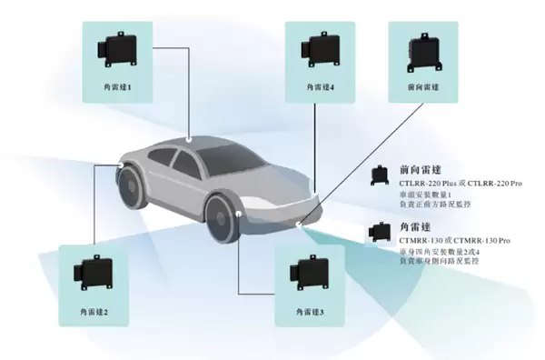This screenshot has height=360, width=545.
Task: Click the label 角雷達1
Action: click(x=118, y=88)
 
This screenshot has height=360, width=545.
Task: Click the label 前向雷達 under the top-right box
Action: click(x=422, y=88)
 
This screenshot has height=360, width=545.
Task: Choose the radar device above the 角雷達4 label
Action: click(x=320, y=47)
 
